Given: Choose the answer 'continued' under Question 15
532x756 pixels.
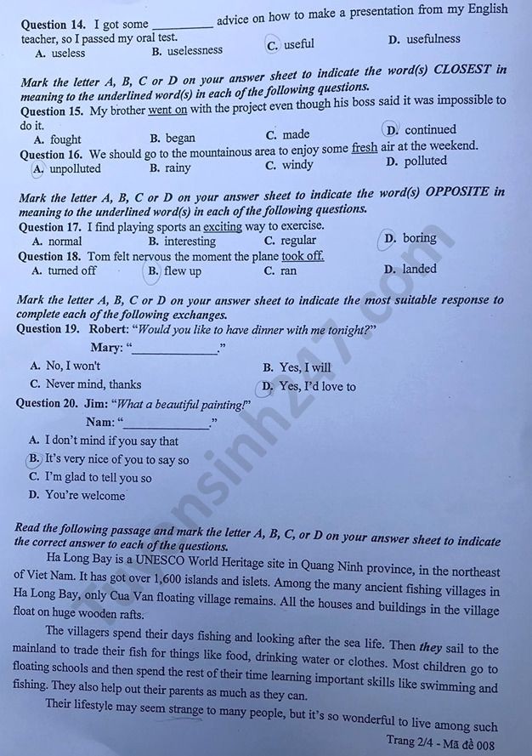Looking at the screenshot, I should click(x=429, y=130).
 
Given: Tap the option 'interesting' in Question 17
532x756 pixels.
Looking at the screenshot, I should click(x=190, y=242).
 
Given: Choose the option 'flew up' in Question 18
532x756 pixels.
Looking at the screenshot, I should click(x=182, y=271).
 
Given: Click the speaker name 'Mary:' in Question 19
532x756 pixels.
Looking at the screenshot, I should click(x=107, y=347).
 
